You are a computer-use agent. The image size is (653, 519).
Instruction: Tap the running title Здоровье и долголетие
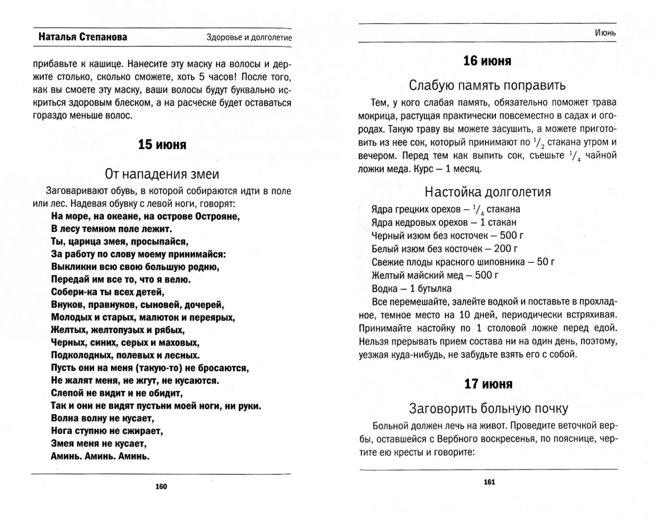tap(249, 37)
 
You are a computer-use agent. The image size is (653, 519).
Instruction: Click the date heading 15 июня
tap(162, 145)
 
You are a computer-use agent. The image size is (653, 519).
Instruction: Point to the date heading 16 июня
tap(487, 61)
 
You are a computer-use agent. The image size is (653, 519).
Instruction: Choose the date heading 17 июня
tap(488, 384)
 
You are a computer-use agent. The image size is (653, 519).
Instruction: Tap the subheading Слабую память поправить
tap(487, 86)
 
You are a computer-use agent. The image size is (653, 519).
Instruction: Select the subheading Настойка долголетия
tap(488, 192)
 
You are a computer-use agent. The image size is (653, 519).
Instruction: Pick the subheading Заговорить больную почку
tap(488, 408)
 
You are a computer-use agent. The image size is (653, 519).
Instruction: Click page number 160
tap(161, 486)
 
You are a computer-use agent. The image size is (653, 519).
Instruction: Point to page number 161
tap(489, 482)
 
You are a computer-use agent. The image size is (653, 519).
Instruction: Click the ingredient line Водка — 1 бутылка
tap(411, 289)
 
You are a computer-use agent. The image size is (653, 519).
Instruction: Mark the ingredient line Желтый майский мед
tap(435, 275)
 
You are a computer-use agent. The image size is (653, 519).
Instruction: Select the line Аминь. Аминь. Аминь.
tap(100, 456)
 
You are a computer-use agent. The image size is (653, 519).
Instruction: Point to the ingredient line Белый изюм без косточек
tap(445, 249)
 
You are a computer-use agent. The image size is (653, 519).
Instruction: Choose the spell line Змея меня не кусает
tap(99, 443)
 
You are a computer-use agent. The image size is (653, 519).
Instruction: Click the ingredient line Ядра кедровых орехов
tap(444, 222)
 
